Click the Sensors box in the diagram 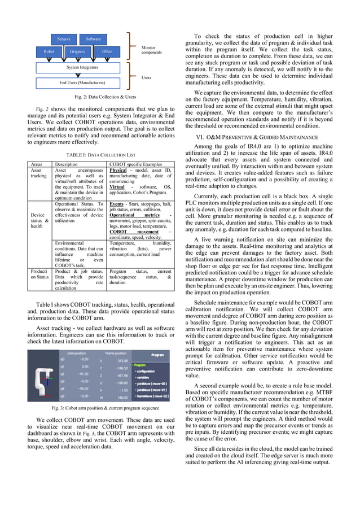tap(64, 39)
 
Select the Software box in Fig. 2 tap(93, 39)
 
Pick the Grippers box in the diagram tap(77, 51)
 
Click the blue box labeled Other tap(107, 51)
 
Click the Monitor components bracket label tap(151, 50)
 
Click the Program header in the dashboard tap(156, 355)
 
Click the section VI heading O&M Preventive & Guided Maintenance tap(270, 137)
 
